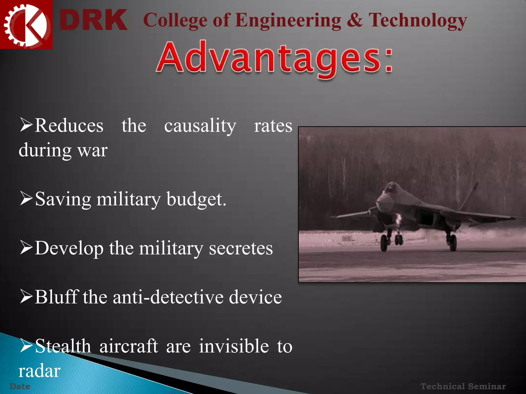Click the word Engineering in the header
pos(288,21)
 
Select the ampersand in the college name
pos(354,20)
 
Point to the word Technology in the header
pos(418,21)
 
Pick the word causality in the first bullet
pos(200,126)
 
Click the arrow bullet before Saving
pos(26,199)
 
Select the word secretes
pos(241,248)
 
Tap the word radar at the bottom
pos(39,371)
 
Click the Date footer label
pos(20,386)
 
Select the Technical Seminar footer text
pos(463,386)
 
